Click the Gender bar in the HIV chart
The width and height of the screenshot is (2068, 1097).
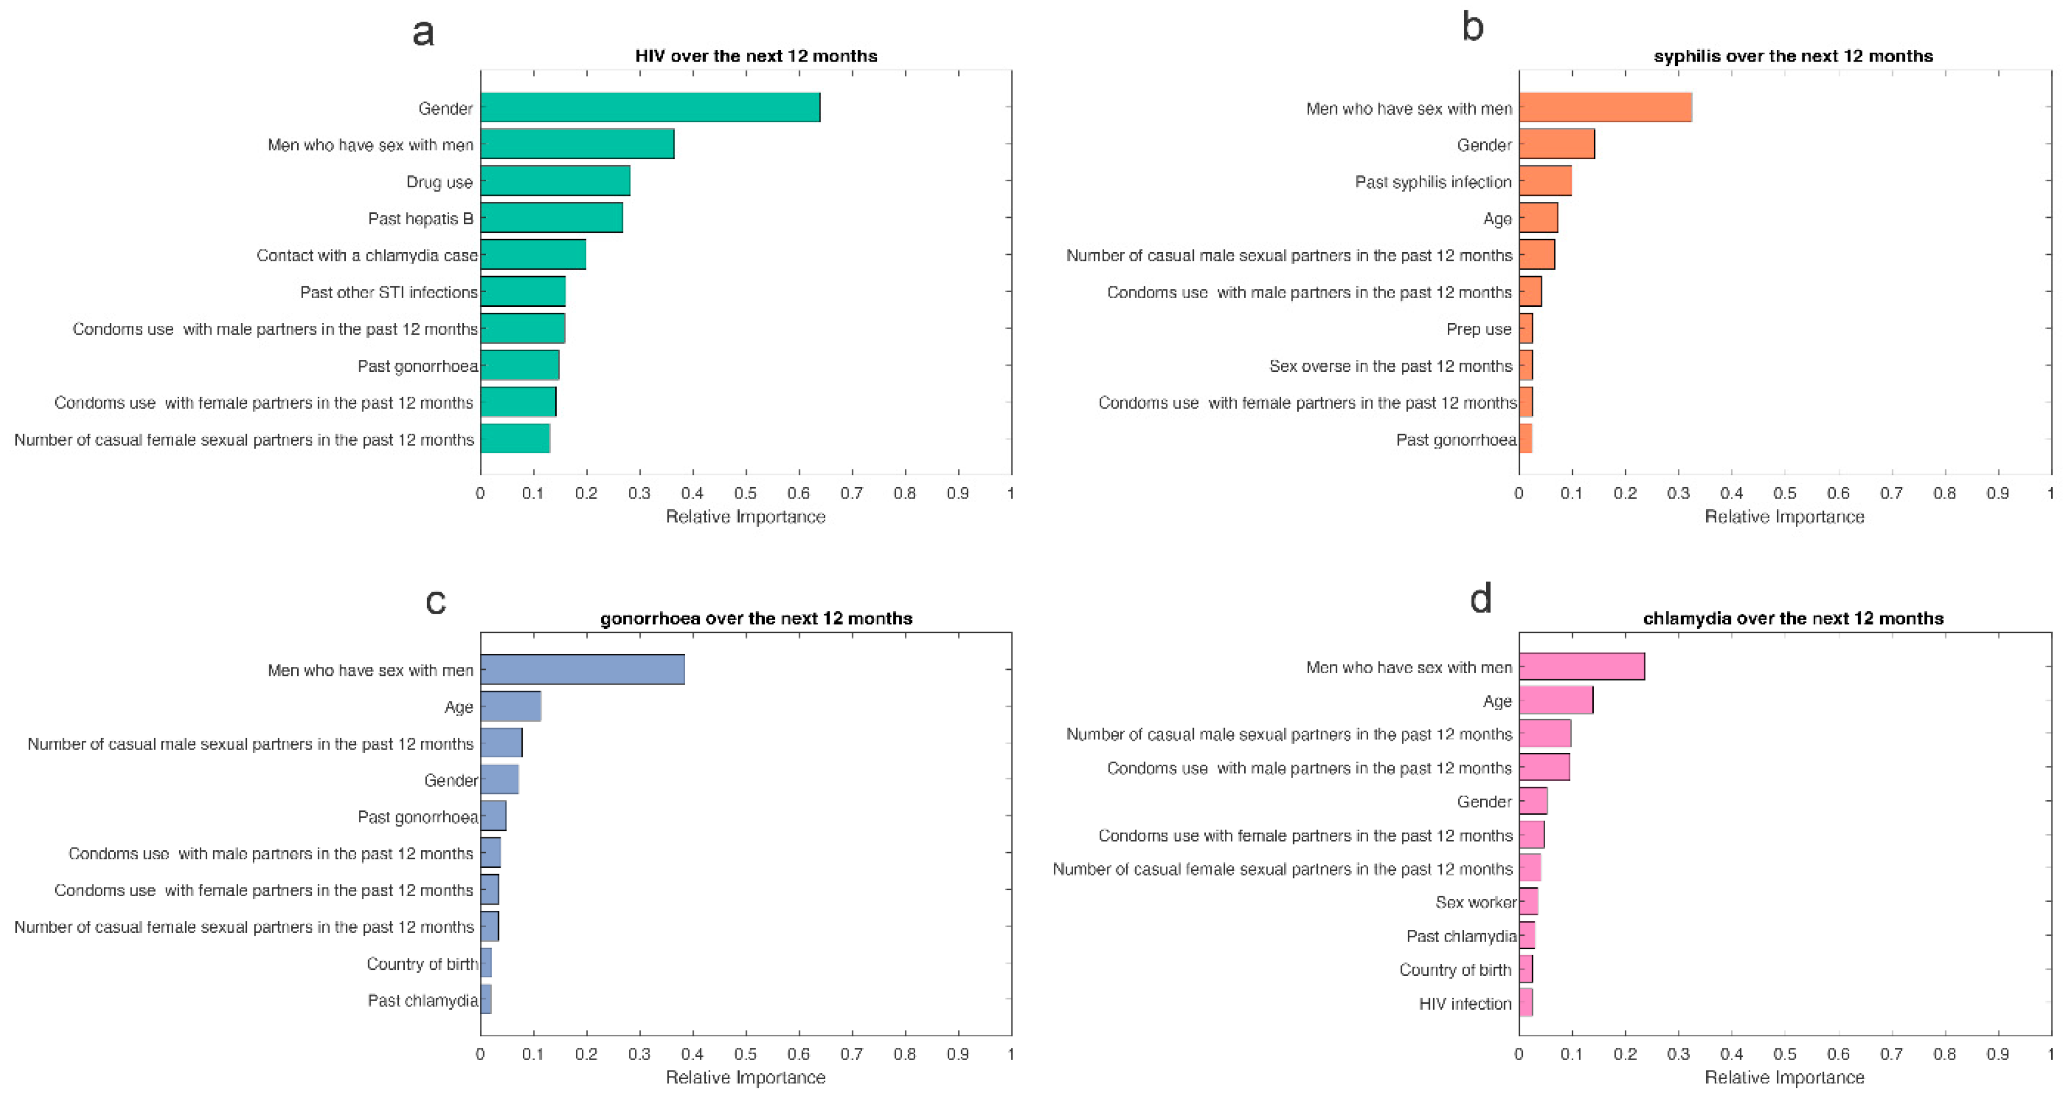(x=650, y=108)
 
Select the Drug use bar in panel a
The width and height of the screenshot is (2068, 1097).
(x=555, y=181)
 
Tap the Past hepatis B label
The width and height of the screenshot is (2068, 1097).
(x=421, y=218)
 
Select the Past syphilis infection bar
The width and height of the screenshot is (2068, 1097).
(x=1545, y=181)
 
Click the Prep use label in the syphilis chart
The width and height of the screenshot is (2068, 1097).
(x=1479, y=329)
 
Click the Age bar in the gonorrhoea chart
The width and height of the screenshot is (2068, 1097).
(x=510, y=706)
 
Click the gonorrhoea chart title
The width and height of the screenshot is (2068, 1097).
(x=756, y=619)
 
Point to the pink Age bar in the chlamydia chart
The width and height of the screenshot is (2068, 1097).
(x=1556, y=700)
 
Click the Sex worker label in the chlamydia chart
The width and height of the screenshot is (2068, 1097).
(x=1475, y=902)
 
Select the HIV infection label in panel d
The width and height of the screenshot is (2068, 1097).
(x=1465, y=1003)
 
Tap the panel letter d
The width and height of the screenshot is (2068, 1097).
(x=1480, y=599)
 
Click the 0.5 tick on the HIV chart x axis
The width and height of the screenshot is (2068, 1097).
(x=746, y=492)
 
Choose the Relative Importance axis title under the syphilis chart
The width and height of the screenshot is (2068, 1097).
(x=1784, y=517)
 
